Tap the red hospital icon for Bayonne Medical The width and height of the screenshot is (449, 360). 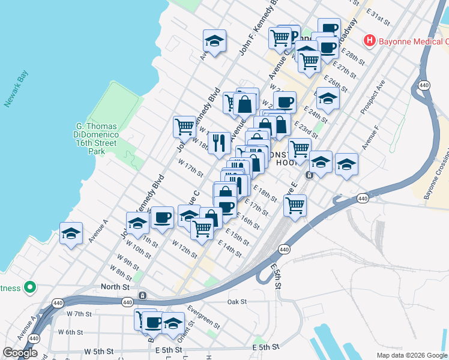(369, 41)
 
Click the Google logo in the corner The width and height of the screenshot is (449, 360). (20, 353)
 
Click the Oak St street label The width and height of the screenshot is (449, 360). (238, 302)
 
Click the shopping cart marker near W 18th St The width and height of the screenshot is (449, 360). (184, 127)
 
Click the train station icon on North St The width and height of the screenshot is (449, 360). (143, 296)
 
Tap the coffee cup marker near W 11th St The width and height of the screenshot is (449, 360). (161, 218)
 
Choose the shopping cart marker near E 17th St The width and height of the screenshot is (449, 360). (295, 205)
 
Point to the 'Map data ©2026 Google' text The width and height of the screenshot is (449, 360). (412, 355)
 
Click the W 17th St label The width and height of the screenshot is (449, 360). (191, 168)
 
